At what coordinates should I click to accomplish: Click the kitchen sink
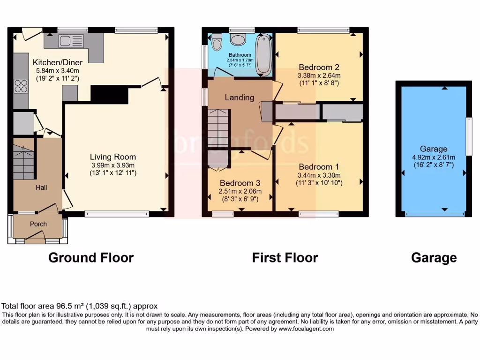(x=71, y=41)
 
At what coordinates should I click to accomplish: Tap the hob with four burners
(x=21, y=86)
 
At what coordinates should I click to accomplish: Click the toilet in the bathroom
(x=217, y=43)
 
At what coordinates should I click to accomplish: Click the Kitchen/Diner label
(x=57, y=62)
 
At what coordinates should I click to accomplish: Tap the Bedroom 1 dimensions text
(x=318, y=179)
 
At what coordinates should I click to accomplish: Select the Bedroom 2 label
(x=318, y=67)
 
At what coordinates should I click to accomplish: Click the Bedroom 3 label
(x=240, y=183)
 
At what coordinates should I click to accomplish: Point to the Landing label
(x=239, y=97)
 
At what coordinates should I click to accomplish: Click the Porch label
(x=38, y=224)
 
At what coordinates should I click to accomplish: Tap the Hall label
(x=42, y=187)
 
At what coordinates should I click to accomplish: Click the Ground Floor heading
(x=91, y=258)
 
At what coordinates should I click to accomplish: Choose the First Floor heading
(x=285, y=258)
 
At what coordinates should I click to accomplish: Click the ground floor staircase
(x=23, y=162)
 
